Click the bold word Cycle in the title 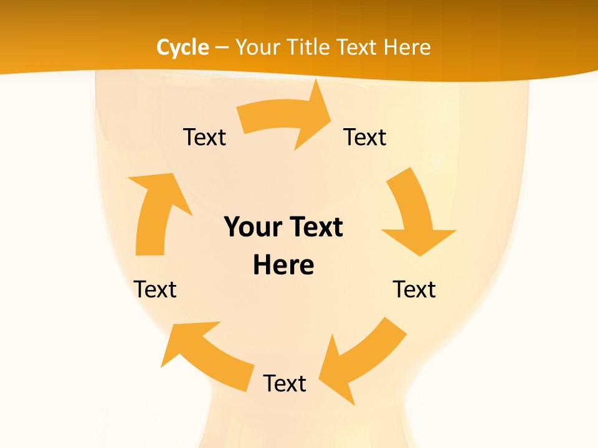pos(183,47)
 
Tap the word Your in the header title pos(256,47)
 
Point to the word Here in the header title pos(407,47)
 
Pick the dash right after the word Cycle pos(222,48)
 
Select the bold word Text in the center pos(314,227)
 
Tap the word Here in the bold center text pos(283,265)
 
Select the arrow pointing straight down pos(415,215)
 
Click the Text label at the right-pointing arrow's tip pos(365,137)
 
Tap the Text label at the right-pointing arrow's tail pos(204,137)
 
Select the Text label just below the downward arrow pos(414,289)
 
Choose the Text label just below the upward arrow pos(155,289)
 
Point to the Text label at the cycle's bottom pos(285,383)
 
